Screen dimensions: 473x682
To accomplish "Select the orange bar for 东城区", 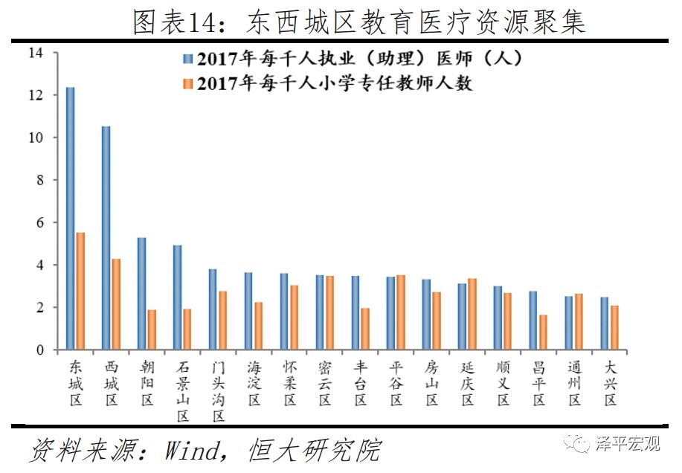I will point(80,291).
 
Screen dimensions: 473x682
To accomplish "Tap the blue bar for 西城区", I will point(106,238).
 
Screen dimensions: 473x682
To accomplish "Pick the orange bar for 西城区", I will point(116,304).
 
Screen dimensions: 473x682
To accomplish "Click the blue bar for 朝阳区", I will point(141,293).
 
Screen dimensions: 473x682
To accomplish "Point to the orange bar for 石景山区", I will point(187,329).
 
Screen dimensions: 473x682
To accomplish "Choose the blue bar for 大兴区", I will point(605,324).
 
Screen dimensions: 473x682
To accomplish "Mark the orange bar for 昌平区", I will point(544,332).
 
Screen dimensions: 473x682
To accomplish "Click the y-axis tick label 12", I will point(36,95).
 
